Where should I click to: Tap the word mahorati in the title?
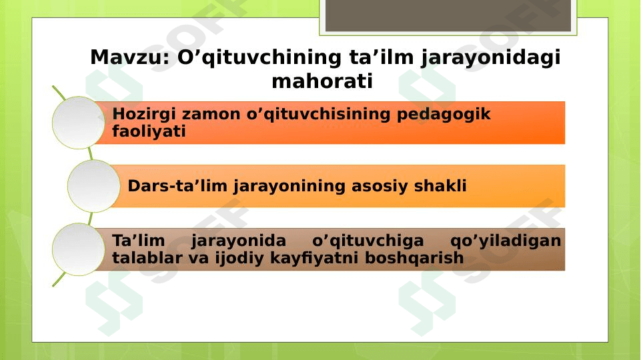(322, 81)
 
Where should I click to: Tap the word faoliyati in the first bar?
(149, 131)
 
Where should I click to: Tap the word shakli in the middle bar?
(440, 185)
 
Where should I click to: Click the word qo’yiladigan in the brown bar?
(506, 241)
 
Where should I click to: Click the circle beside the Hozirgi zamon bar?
(79, 123)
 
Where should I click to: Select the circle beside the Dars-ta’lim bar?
(93, 186)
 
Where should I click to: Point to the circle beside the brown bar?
(79, 249)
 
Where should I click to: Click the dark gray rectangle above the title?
(448, 15)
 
